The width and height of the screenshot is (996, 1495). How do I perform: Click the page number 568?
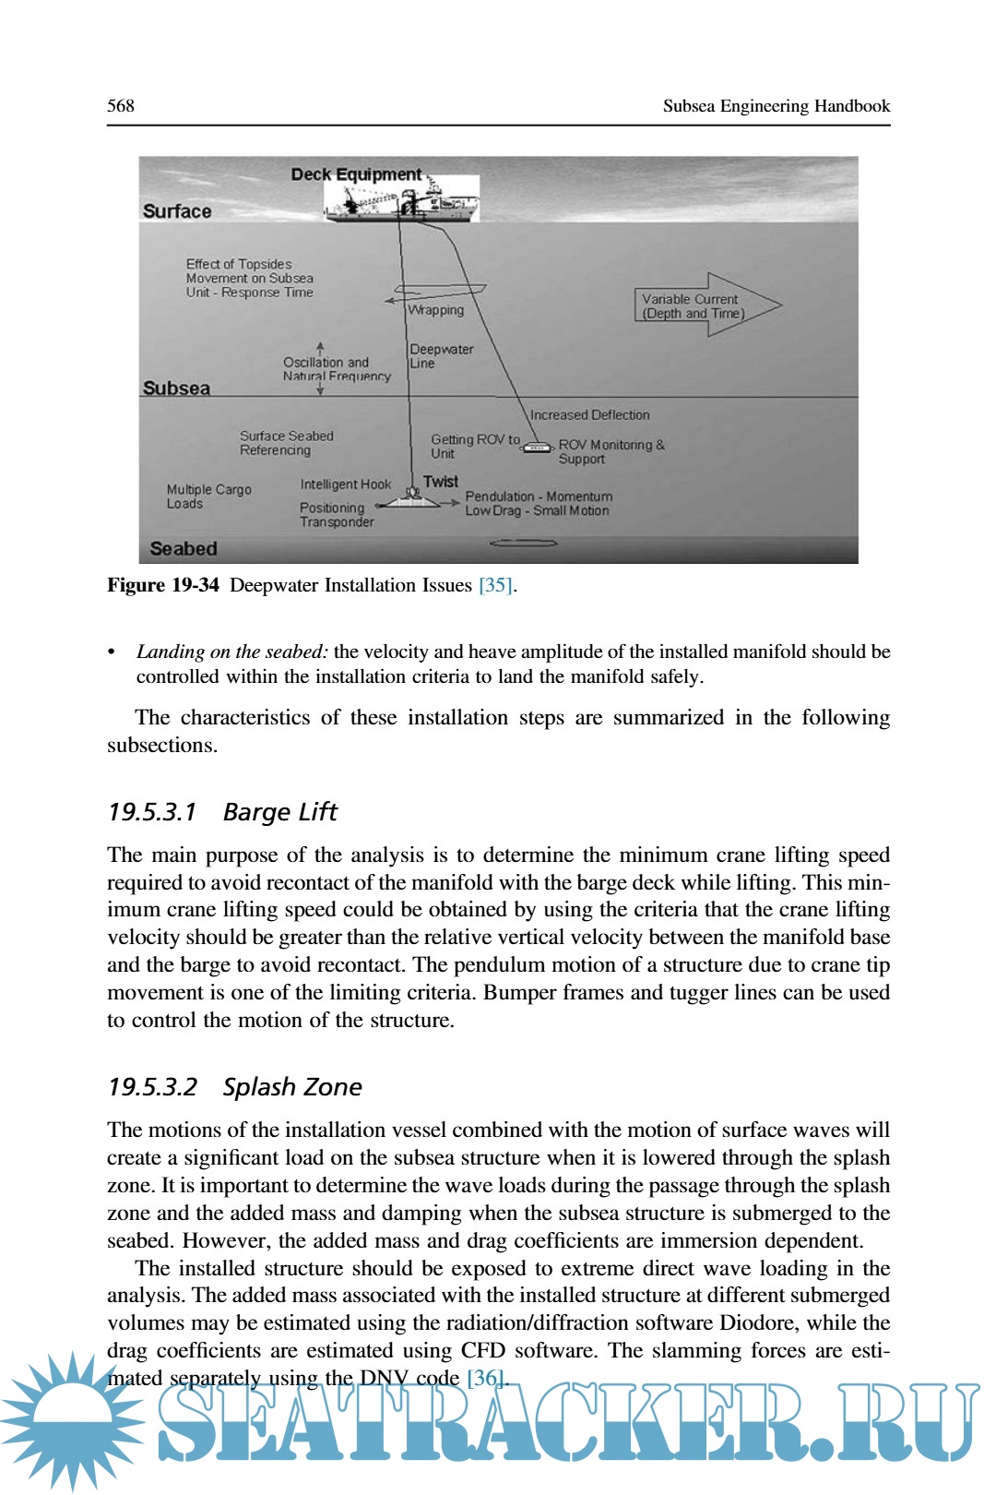[x=121, y=106]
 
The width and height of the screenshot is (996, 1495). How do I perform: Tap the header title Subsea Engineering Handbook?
[x=776, y=106]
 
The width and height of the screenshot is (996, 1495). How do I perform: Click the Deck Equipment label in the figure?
[x=356, y=174]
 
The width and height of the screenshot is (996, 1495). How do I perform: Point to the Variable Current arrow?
[x=705, y=305]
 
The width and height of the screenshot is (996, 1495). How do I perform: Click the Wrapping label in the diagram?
[x=436, y=310]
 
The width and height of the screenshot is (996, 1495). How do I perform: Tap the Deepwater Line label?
[x=441, y=356]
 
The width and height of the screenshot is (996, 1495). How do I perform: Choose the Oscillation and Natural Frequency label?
[x=336, y=369]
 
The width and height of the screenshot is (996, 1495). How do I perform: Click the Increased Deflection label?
[x=589, y=415]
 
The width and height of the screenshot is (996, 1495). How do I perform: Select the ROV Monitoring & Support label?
[x=611, y=451]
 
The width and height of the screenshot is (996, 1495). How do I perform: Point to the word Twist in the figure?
[x=441, y=482]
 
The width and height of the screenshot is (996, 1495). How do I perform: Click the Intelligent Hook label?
[x=345, y=484]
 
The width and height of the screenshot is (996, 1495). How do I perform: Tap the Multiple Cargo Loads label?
[x=208, y=496]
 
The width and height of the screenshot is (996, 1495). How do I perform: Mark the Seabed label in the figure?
[x=184, y=549]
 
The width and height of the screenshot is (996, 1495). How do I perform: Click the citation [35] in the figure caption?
[x=495, y=585]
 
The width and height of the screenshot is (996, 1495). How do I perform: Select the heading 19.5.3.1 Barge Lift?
[x=222, y=812]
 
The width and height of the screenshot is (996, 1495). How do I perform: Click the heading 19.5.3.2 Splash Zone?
[x=234, y=1087]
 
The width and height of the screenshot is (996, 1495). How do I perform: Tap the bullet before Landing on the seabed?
[x=113, y=652]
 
